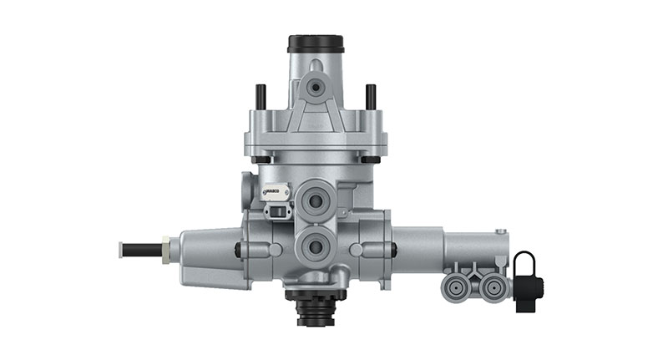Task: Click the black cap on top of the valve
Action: click(315, 43)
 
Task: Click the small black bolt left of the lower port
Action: click(240, 249)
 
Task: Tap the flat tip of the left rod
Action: click(122, 248)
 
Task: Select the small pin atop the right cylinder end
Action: click(500, 231)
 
